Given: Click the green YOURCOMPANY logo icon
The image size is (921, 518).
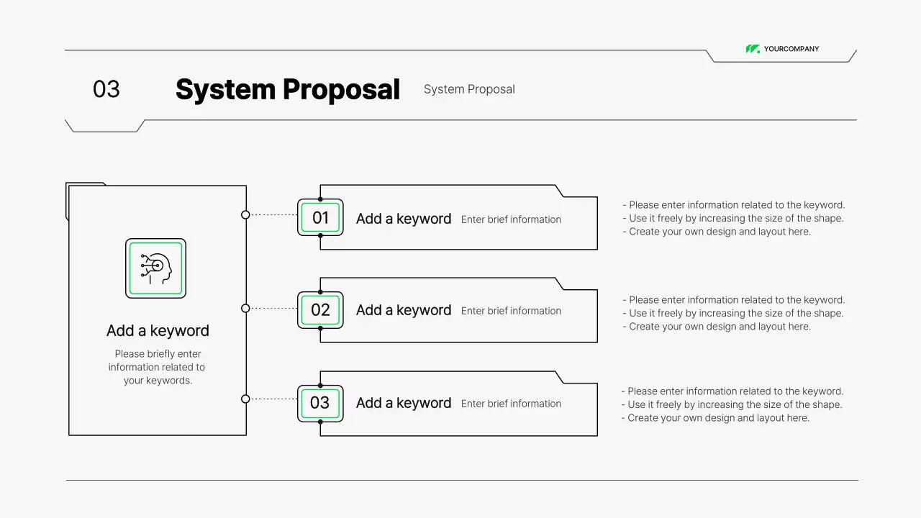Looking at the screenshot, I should tap(753, 49).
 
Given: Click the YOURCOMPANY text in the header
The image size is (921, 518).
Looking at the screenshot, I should tap(791, 49).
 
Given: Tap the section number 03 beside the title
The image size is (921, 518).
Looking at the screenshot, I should tap(106, 89).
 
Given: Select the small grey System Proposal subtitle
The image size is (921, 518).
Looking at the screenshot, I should tap(469, 89).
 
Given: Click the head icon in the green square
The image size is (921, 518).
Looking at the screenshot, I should tap(156, 268).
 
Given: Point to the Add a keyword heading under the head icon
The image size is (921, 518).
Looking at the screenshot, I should tap(158, 331).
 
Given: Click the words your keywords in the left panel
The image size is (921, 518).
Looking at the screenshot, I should tap(158, 381).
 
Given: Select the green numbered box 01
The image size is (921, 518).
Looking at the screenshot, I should tap(320, 217).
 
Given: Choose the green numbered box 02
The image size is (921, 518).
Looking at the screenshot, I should tap(320, 310).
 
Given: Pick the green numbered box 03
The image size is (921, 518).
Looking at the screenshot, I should tap(320, 403).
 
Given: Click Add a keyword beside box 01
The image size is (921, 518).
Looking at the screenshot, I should tap(404, 219).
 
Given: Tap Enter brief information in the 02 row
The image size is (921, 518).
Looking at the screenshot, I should tap(511, 311).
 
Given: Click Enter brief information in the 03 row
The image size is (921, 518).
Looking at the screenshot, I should tap(511, 404).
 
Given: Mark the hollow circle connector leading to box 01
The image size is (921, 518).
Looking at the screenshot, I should tap(245, 214).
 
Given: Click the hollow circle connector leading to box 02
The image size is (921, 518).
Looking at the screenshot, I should tap(245, 308).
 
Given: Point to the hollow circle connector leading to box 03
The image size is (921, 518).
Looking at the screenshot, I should tap(245, 399).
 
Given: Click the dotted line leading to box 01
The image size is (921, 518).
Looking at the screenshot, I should tap(273, 214).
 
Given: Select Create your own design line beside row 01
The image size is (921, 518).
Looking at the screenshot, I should tap(720, 232).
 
